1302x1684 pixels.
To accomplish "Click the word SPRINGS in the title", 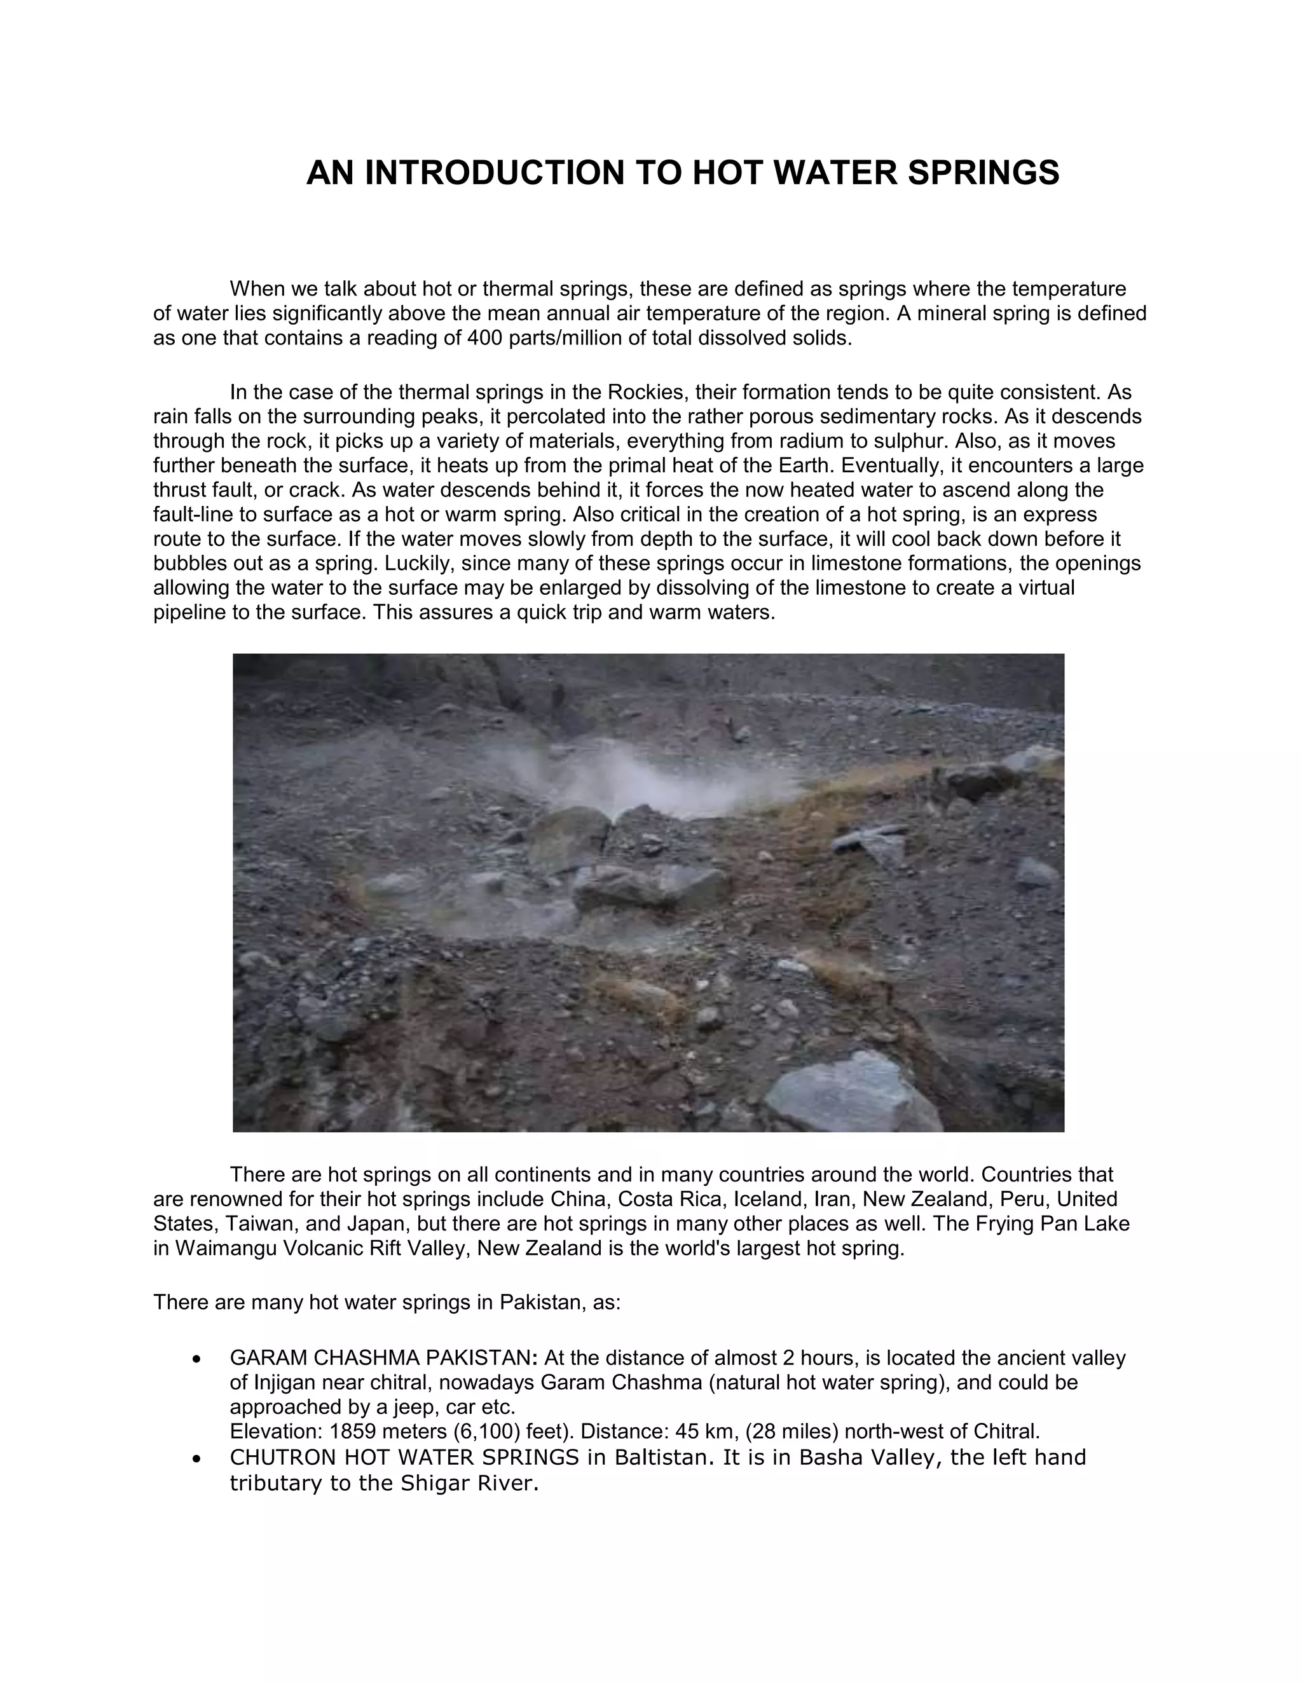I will pyautogui.click(x=983, y=173).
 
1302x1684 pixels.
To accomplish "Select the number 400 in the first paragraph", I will pyautogui.click(x=484, y=339).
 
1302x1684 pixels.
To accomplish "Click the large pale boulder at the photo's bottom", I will pyautogui.click(x=849, y=1095).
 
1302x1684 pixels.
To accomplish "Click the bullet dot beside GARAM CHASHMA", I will pyautogui.click(x=198, y=1359).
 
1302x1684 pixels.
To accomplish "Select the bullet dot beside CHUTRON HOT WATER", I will pyautogui.click(x=198, y=1459).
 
